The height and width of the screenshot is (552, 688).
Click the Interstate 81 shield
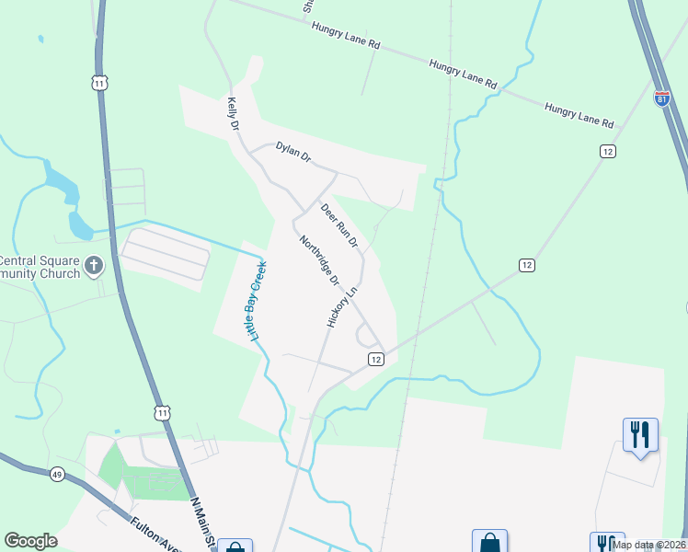(662, 98)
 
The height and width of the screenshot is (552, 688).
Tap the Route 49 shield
(57, 474)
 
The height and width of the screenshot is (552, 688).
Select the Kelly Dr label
(233, 115)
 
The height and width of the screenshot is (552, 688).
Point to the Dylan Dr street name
(293, 153)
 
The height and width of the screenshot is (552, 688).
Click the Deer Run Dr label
(338, 226)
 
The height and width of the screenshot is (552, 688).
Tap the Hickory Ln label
(341, 305)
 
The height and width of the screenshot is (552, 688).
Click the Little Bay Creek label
(260, 301)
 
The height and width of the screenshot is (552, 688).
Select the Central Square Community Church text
(37, 266)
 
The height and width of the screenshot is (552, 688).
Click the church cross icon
(93, 267)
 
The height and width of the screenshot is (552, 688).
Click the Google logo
(30, 541)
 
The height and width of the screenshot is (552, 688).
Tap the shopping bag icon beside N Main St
(235, 547)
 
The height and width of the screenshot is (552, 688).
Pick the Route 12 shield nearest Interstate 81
(607, 150)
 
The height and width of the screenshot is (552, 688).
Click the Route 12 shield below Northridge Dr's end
(375, 358)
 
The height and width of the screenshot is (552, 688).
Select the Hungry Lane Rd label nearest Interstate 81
(579, 115)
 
